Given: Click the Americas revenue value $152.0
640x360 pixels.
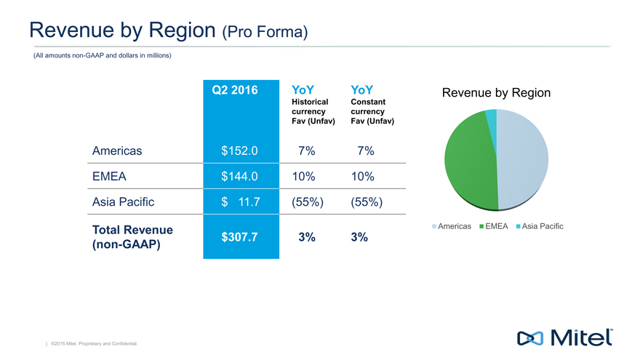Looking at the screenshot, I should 239,151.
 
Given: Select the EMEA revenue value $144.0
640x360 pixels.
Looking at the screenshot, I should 239,177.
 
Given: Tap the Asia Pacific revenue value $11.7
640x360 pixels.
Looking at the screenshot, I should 239,202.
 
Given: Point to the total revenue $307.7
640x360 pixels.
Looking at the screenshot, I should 239,237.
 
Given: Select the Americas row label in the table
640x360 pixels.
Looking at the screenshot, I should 117,151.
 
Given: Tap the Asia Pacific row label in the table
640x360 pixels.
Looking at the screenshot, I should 124,202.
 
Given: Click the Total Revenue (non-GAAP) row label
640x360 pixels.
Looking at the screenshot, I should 132,237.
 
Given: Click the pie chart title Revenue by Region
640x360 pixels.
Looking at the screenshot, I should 496,93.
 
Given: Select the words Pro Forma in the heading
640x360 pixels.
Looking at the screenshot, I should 270,31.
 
